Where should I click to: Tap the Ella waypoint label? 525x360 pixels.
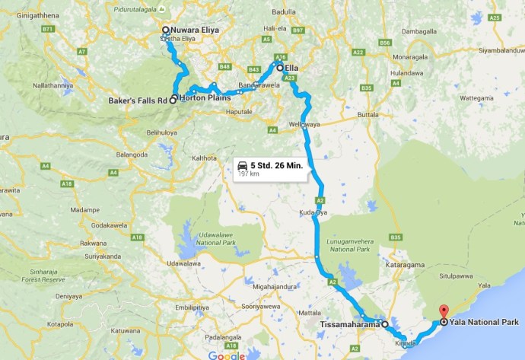point(291,68)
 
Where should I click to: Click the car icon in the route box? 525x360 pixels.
point(242,165)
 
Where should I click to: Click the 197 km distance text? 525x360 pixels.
point(249,174)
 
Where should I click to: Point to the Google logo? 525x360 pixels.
point(227,355)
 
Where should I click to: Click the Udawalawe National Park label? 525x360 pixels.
point(196,225)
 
